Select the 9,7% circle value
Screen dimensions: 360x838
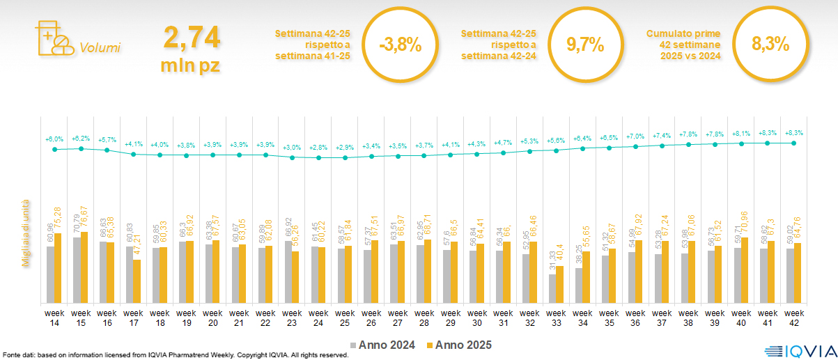coord(584,45)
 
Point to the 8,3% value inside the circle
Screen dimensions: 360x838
coord(770,45)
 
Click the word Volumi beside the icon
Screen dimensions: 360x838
coord(100,48)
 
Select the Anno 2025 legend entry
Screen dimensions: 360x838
coord(460,345)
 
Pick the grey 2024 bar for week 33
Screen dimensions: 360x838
coord(552,288)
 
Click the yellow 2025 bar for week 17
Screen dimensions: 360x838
coord(137,281)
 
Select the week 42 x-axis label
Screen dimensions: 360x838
coord(794,318)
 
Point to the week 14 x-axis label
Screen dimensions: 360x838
coord(54,318)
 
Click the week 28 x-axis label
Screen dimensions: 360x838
coord(424,318)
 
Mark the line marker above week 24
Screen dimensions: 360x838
coord(318,158)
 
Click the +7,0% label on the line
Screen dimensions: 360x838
coord(635,136)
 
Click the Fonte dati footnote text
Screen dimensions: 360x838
coord(174,355)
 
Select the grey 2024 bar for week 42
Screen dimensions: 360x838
coord(790,276)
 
